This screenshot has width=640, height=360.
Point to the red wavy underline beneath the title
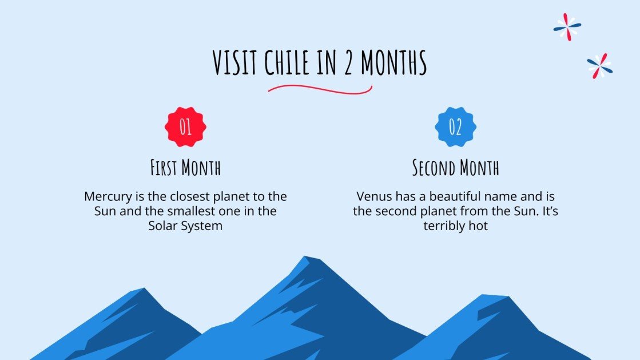coord(320,89)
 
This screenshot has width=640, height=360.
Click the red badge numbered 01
coord(185,127)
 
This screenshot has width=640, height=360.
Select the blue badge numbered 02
coord(455,127)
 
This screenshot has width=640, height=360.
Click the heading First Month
coord(185,168)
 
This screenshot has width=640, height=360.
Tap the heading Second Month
coord(455,168)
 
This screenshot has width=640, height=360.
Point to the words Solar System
coord(185,226)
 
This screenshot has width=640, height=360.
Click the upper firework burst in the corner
coord(567,26)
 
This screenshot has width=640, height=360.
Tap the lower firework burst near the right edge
coord(599,66)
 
